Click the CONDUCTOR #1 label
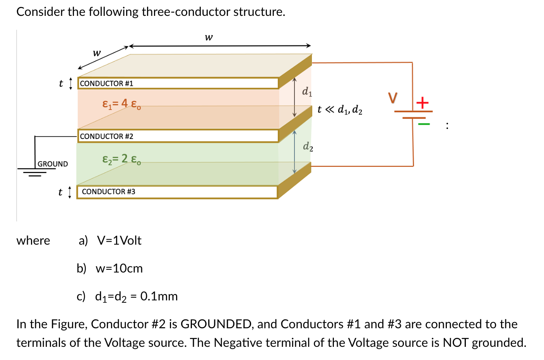pyautogui.click(x=106, y=84)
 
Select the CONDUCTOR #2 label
pyautogui.click(x=106, y=137)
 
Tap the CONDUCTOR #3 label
pyautogui.click(x=108, y=192)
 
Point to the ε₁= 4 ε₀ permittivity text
pyautogui.click(x=121, y=104)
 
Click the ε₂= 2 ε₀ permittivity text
pyautogui.click(x=121, y=159)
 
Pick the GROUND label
pyautogui.click(x=53, y=164)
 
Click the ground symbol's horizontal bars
pyautogui.click(x=33, y=171)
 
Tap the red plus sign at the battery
pyautogui.click(x=423, y=103)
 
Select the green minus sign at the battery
pyautogui.click(x=424, y=124)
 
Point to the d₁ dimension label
pyautogui.click(x=307, y=92)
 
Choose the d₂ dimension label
pyautogui.click(x=308, y=146)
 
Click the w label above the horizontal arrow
pyautogui.click(x=209, y=37)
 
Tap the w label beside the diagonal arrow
pyautogui.click(x=97, y=53)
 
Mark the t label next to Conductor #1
pyautogui.click(x=61, y=84)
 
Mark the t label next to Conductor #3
pyautogui.click(x=60, y=192)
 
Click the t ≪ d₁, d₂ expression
pyautogui.click(x=340, y=110)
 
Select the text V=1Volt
pyautogui.click(x=119, y=241)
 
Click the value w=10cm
pyautogui.click(x=119, y=269)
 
